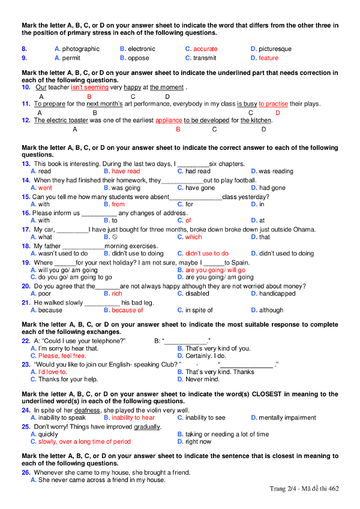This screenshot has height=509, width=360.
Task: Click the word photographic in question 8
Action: point(81,49)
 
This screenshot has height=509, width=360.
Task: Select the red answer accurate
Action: point(205,49)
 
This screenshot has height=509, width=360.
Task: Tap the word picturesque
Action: point(275,49)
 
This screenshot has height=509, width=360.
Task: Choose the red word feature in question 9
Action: point(268,58)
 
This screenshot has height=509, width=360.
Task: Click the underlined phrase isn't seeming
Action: point(89,88)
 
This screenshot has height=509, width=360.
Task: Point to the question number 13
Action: point(26,164)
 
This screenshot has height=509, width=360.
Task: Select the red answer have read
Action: point(126,171)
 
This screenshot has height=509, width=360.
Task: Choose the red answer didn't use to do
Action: point(207,254)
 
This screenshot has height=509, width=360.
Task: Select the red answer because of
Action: point(127,311)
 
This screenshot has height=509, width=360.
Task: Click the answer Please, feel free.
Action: point(62,356)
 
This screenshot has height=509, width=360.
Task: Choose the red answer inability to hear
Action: point(133,418)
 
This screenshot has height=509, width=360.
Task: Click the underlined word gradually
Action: point(147,427)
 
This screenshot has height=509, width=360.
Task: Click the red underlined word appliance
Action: point(169,121)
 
